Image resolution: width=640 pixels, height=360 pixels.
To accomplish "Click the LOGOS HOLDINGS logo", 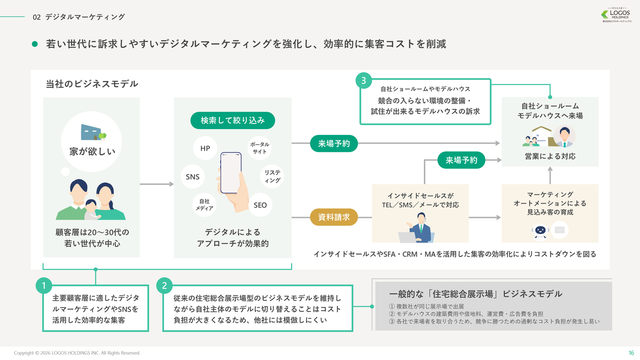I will (x=616, y=15).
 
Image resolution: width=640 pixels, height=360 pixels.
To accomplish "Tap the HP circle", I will (x=205, y=148).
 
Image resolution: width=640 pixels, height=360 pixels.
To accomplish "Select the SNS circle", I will (x=192, y=176).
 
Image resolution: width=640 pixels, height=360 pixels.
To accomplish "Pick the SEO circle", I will (x=260, y=205).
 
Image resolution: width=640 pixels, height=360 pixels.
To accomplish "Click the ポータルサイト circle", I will (x=259, y=148).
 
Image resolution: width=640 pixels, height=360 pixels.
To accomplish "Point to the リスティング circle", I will (x=272, y=176).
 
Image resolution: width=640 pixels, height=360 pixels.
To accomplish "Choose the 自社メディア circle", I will (x=205, y=204).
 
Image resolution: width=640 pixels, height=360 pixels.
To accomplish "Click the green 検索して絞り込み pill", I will (x=232, y=120).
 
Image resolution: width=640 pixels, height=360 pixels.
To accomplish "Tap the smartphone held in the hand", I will (x=231, y=172).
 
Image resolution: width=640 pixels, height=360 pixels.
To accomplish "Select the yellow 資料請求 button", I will (x=334, y=217).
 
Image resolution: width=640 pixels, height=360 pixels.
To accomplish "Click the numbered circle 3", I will (x=363, y=80).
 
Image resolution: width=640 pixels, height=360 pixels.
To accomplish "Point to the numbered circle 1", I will (x=44, y=286).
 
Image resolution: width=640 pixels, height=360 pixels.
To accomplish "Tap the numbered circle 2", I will (x=164, y=286).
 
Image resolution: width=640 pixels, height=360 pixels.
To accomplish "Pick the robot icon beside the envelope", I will (x=540, y=230).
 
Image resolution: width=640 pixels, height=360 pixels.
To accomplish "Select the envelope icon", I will (x=559, y=230).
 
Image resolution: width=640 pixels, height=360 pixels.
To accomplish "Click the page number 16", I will (x=630, y=352).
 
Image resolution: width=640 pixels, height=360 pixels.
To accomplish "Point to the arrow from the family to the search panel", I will (x=156, y=184).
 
